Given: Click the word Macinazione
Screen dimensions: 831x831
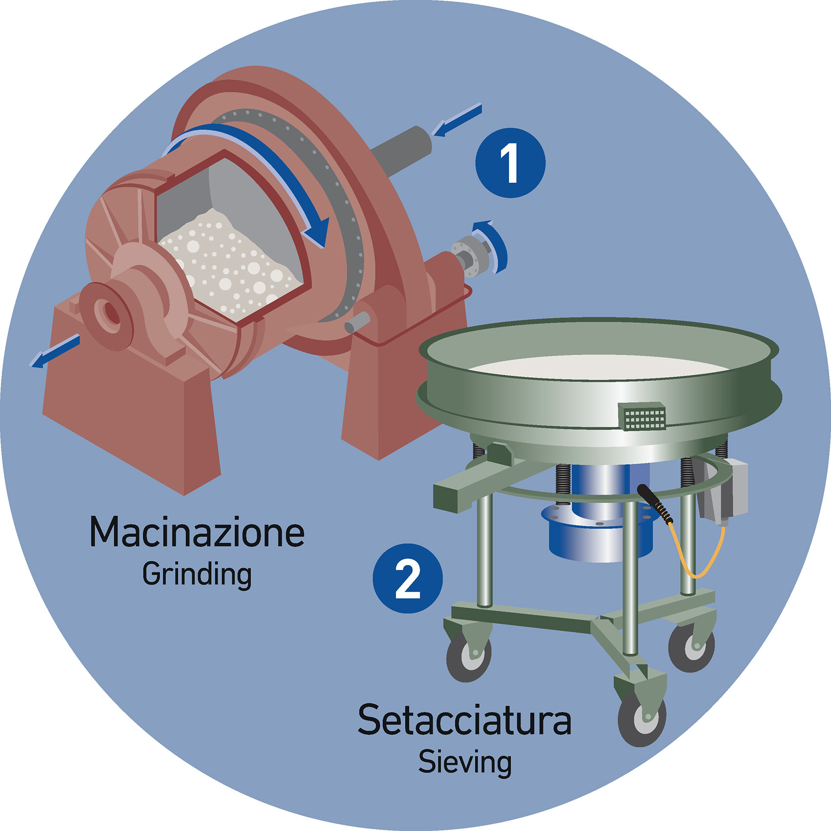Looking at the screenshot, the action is [x=197, y=532].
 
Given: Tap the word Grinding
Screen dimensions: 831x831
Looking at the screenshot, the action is [x=197, y=575].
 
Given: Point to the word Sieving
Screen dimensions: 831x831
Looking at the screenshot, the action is [x=465, y=763].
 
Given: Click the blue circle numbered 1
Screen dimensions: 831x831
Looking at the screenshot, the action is [x=511, y=163].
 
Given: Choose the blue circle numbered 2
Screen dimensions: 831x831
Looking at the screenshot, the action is [x=408, y=578].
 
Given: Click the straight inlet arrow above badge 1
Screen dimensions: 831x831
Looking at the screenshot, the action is [x=457, y=120].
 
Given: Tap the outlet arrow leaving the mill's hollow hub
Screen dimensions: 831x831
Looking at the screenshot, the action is [x=55, y=351].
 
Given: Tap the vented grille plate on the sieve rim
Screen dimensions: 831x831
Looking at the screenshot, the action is [x=642, y=417].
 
